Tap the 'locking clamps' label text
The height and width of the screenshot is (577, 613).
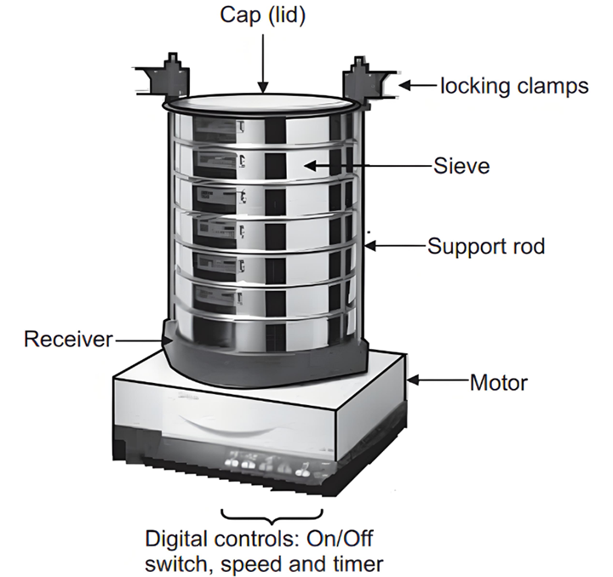point(513,85)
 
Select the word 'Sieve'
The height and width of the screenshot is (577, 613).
point(461,165)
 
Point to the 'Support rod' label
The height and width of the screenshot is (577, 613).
point(486,247)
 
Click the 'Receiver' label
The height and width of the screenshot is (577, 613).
point(68,340)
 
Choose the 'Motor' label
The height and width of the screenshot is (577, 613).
point(499,382)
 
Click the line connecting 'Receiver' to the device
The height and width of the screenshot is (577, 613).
point(140,340)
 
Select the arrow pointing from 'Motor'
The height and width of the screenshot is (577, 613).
point(438,382)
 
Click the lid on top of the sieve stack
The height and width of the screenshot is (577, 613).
point(259,103)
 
